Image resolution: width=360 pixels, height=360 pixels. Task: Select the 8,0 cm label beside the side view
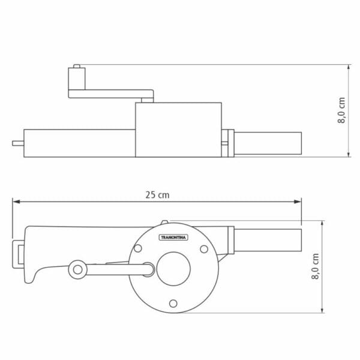[x=341, y=111]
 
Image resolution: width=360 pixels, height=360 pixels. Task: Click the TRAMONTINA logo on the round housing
[x=173, y=238]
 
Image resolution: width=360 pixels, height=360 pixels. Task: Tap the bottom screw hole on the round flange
[x=173, y=302]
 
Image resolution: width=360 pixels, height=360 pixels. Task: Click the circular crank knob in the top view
[x=77, y=269]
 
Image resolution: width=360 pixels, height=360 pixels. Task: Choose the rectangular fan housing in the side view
[x=178, y=129]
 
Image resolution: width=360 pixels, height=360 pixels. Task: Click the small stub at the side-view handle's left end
[x=16, y=143]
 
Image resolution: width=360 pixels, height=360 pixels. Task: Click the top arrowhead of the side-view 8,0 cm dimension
[x=349, y=67]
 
